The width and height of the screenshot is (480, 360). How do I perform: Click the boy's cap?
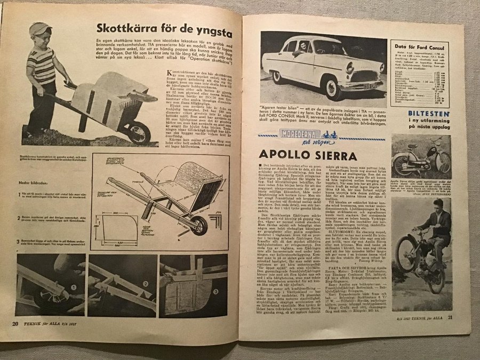point(39,29)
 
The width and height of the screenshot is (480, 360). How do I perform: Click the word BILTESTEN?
point(426,113)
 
